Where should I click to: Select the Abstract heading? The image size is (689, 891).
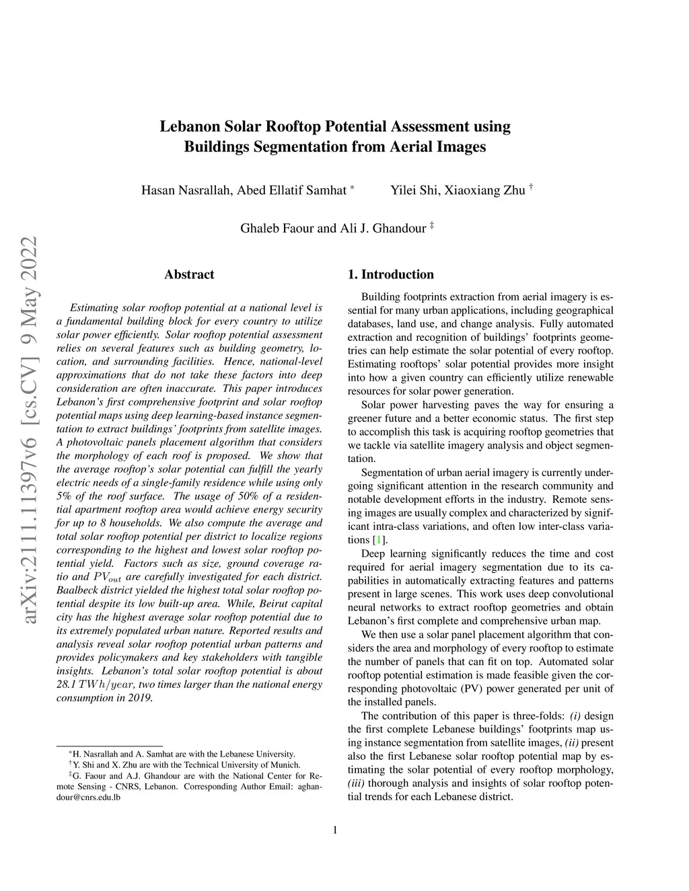pyautogui.click(x=189, y=274)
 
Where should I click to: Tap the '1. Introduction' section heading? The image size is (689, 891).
pyautogui.click(x=390, y=274)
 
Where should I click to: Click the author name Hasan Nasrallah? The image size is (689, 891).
pyautogui.click(x=185, y=190)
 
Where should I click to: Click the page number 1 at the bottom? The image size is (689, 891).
pyautogui.click(x=335, y=829)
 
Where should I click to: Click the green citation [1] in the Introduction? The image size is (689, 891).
pyautogui.click(x=380, y=540)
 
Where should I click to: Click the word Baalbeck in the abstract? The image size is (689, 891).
pyautogui.click(x=77, y=590)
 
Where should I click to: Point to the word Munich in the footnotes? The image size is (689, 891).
pyautogui.click(x=286, y=765)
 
